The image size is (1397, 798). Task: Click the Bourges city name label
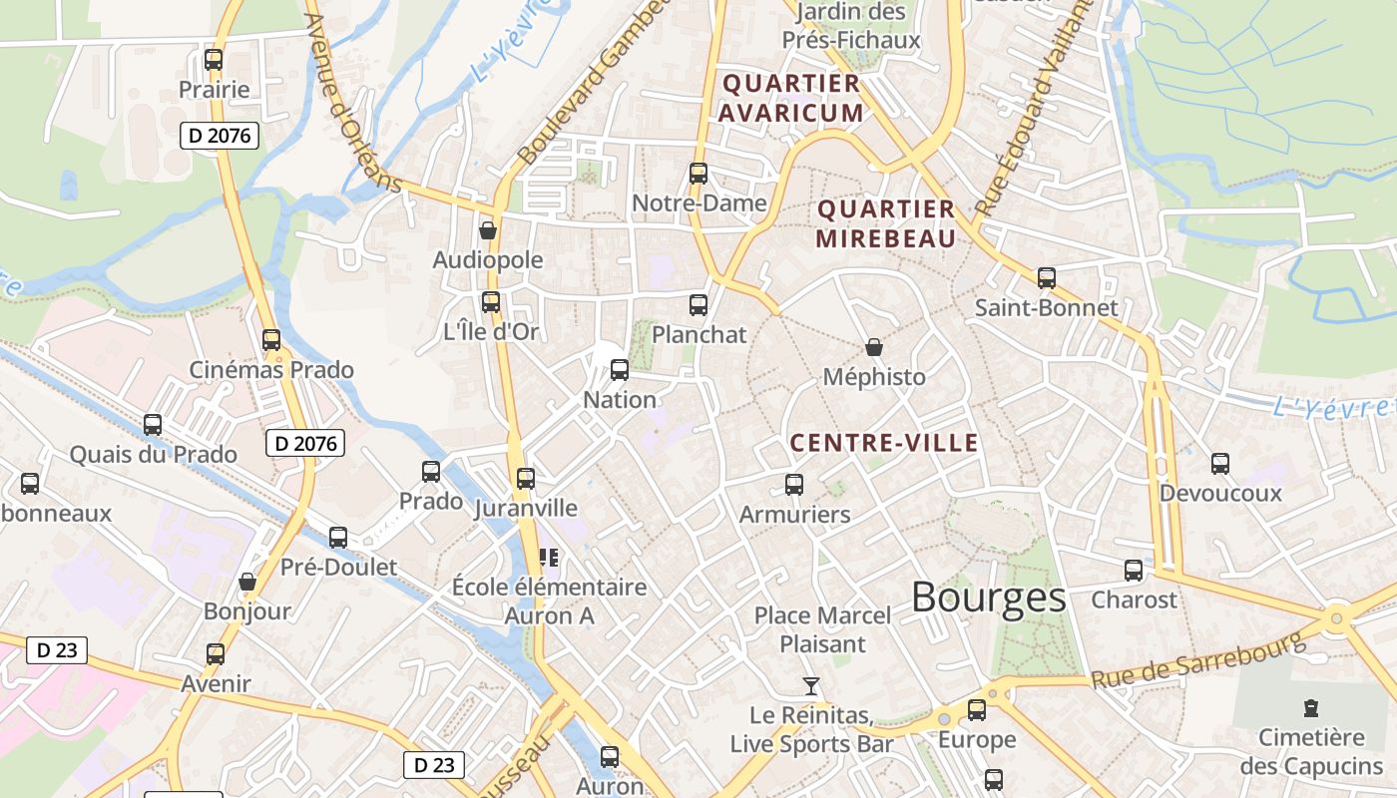pyautogui.click(x=988, y=598)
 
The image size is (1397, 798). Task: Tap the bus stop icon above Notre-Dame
pyautogui.click(x=698, y=174)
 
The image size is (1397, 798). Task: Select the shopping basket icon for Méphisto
pyautogui.click(x=874, y=347)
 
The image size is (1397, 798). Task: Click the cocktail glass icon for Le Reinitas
pyautogui.click(x=811, y=686)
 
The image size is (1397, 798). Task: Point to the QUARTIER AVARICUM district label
pyautogui.click(x=791, y=98)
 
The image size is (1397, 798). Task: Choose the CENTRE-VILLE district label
pyautogui.click(x=884, y=443)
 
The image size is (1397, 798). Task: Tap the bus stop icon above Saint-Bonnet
pyautogui.click(x=1046, y=278)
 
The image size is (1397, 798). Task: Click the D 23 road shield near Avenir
pyautogui.click(x=57, y=650)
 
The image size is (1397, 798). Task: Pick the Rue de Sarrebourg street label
pyautogui.click(x=1197, y=661)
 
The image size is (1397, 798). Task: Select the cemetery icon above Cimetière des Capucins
pyautogui.click(x=1311, y=708)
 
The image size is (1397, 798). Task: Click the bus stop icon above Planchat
pyautogui.click(x=698, y=305)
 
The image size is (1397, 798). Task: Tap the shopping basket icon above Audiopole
pyautogui.click(x=488, y=230)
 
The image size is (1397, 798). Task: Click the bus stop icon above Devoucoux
pyautogui.click(x=1220, y=463)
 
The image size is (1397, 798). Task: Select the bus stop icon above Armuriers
pyautogui.click(x=794, y=485)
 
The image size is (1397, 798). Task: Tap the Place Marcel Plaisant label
pyautogui.click(x=822, y=629)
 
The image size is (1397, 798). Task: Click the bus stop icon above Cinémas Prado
pyautogui.click(x=271, y=340)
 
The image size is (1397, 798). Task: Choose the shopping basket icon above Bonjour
pyautogui.click(x=247, y=582)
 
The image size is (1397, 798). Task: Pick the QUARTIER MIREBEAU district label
pyautogui.click(x=886, y=223)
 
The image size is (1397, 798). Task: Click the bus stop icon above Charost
pyautogui.click(x=1134, y=571)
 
